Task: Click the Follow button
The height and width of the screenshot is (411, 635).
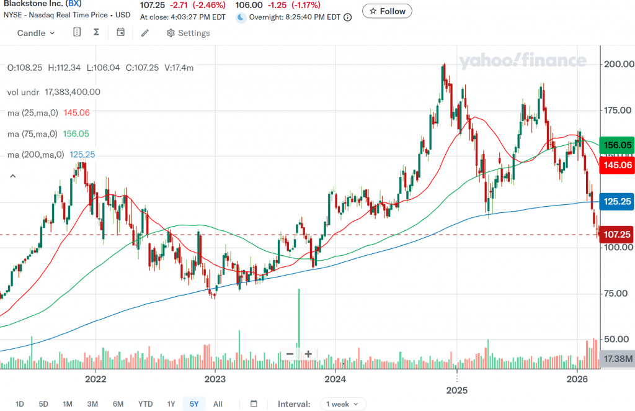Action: pos(387,11)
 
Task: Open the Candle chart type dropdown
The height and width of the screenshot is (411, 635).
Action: pos(36,33)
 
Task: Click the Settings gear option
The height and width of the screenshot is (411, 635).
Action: pos(188,33)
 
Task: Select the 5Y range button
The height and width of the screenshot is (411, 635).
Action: pos(194,404)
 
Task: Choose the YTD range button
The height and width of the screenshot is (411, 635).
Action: pos(145,404)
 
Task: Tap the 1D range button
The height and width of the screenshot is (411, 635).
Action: pos(19,404)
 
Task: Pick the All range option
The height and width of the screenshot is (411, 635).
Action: pos(218,404)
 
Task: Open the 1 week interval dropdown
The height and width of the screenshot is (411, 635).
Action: pos(343,404)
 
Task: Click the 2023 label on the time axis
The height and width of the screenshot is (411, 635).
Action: pos(215,379)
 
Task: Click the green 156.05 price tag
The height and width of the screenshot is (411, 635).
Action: pos(618,145)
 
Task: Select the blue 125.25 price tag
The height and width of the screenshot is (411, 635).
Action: pos(618,202)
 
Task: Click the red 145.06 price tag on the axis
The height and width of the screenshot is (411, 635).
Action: pos(618,165)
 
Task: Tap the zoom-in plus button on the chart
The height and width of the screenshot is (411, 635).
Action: pos(308,354)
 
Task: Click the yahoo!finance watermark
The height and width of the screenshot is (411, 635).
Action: pos(522,61)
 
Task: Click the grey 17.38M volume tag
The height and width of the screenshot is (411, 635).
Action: pos(618,359)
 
